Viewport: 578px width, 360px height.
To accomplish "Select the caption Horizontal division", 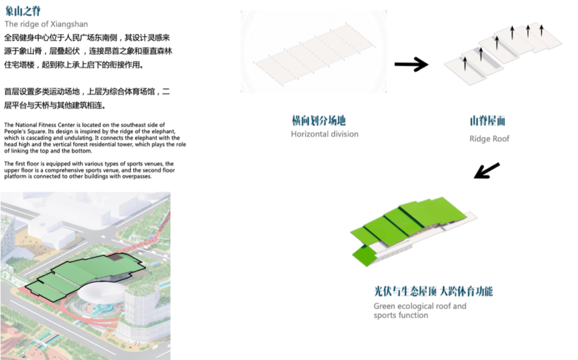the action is click(324, 134).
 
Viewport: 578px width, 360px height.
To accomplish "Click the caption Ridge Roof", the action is click(489, 139).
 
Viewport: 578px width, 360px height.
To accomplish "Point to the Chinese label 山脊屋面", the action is click(487, 121).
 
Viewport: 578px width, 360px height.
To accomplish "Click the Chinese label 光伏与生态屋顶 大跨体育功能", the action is click(433, 291).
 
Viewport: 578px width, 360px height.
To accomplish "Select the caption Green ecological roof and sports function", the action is click(420, 311).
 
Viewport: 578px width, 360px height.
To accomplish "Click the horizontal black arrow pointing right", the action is click(411, 64).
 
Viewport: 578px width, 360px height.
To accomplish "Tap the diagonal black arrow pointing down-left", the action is click(486, 170).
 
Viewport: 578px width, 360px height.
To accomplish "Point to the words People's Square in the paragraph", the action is click(23, 131).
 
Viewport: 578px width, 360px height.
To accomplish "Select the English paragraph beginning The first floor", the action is click(89, 169).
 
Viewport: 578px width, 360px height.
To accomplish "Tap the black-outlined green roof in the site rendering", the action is click(82, 274).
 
